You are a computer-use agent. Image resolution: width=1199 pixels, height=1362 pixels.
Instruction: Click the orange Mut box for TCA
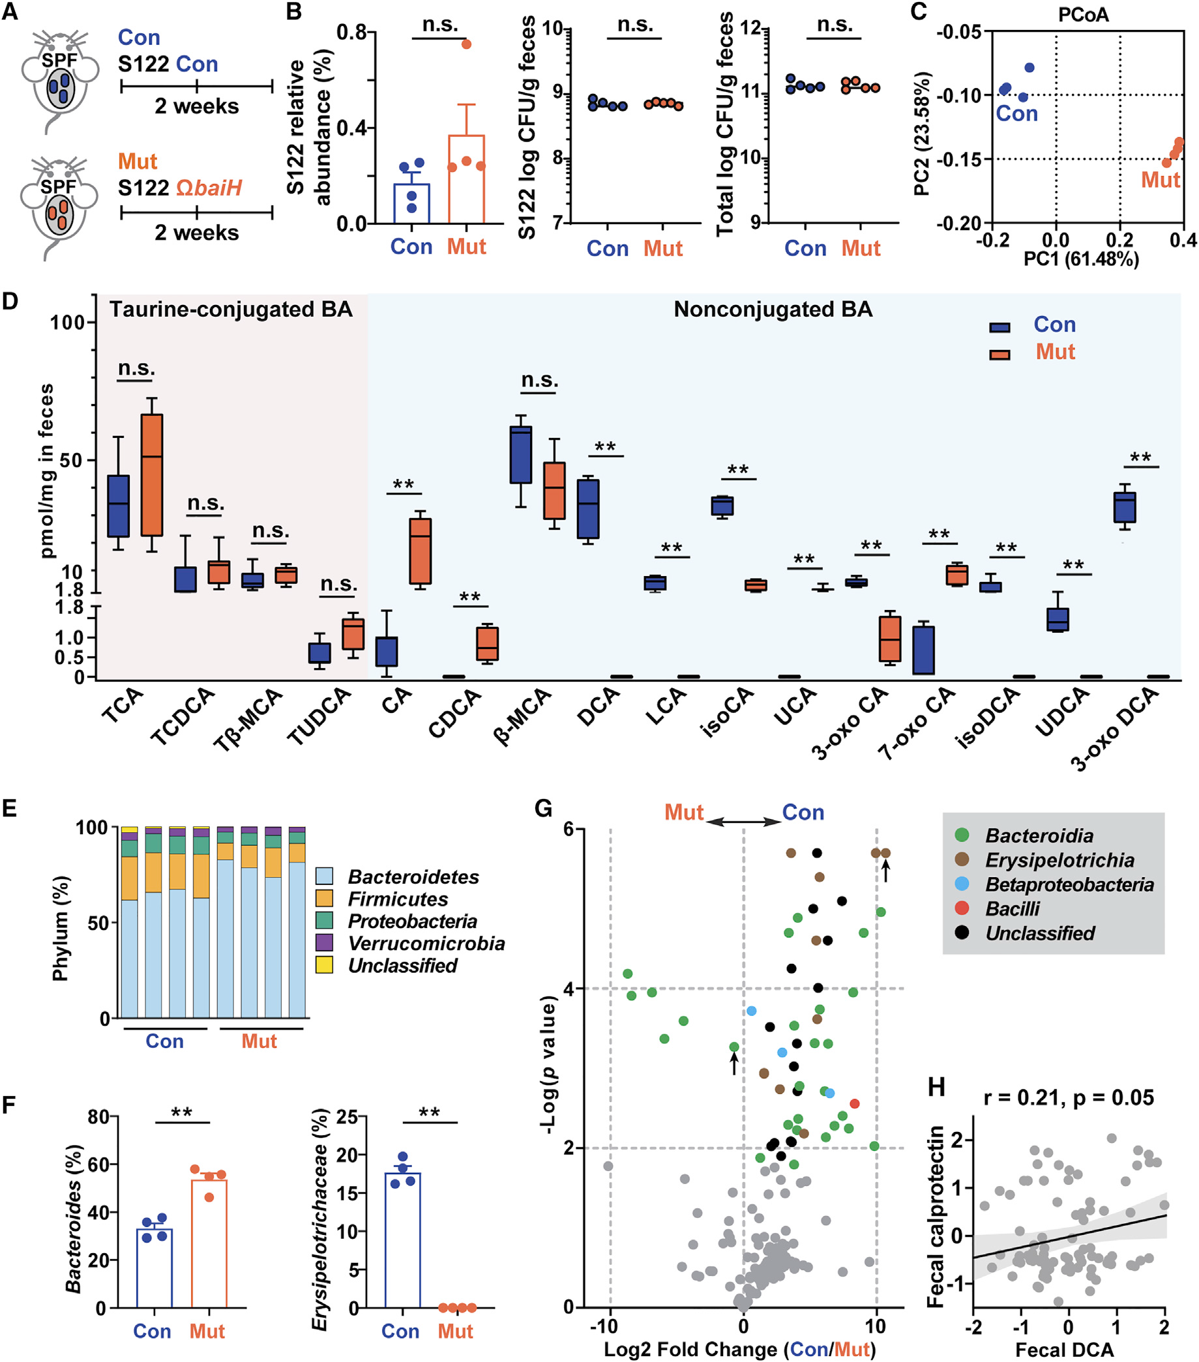point(152,474)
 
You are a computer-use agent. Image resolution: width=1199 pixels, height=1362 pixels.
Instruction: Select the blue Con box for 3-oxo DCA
point(1125,507)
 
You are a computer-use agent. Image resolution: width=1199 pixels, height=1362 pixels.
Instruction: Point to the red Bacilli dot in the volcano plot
point(855,1103)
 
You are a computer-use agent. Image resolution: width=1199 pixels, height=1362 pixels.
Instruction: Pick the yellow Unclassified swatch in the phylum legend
point(325,965)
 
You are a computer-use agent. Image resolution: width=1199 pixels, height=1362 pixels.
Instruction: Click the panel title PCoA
point(1083,14)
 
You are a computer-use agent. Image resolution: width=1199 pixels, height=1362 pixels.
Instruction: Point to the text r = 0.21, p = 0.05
point(1069,1097)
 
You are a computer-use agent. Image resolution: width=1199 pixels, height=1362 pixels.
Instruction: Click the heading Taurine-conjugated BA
point(231,309)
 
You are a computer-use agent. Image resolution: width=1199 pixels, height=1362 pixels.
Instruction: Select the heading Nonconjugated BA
point(773,309)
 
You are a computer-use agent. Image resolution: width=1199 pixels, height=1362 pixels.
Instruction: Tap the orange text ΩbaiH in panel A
point(209,188)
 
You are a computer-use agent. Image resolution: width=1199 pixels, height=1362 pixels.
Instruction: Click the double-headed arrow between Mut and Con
point(743,822)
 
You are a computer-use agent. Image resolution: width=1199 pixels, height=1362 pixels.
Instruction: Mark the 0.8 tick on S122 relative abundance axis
point(353,32)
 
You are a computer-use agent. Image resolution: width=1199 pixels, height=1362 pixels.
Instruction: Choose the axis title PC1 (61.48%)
point(1081,259)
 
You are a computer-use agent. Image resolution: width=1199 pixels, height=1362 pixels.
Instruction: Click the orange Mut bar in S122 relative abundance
point(467,179)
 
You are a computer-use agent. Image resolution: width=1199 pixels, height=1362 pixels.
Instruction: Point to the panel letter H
point(936,1087)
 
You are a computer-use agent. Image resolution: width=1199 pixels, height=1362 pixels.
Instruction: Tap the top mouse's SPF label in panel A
point(59,61)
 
